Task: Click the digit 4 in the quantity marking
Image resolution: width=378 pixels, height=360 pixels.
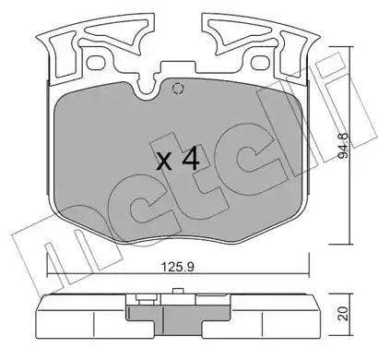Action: [x=191, y=159]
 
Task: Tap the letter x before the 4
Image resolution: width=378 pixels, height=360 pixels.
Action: [x=164, y=162]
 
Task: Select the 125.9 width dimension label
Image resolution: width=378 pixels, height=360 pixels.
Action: [x=178, y=267]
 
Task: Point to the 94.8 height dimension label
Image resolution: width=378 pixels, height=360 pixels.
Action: [x=343, y=146]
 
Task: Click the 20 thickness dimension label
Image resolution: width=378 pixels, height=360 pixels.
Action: [x=343, y=313]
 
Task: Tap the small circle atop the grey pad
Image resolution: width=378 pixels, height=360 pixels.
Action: [x=178, y=89]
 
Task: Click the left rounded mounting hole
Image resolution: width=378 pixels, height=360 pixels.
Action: [x=95, y=63]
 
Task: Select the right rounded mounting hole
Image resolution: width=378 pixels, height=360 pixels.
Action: [x=260, y=63]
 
